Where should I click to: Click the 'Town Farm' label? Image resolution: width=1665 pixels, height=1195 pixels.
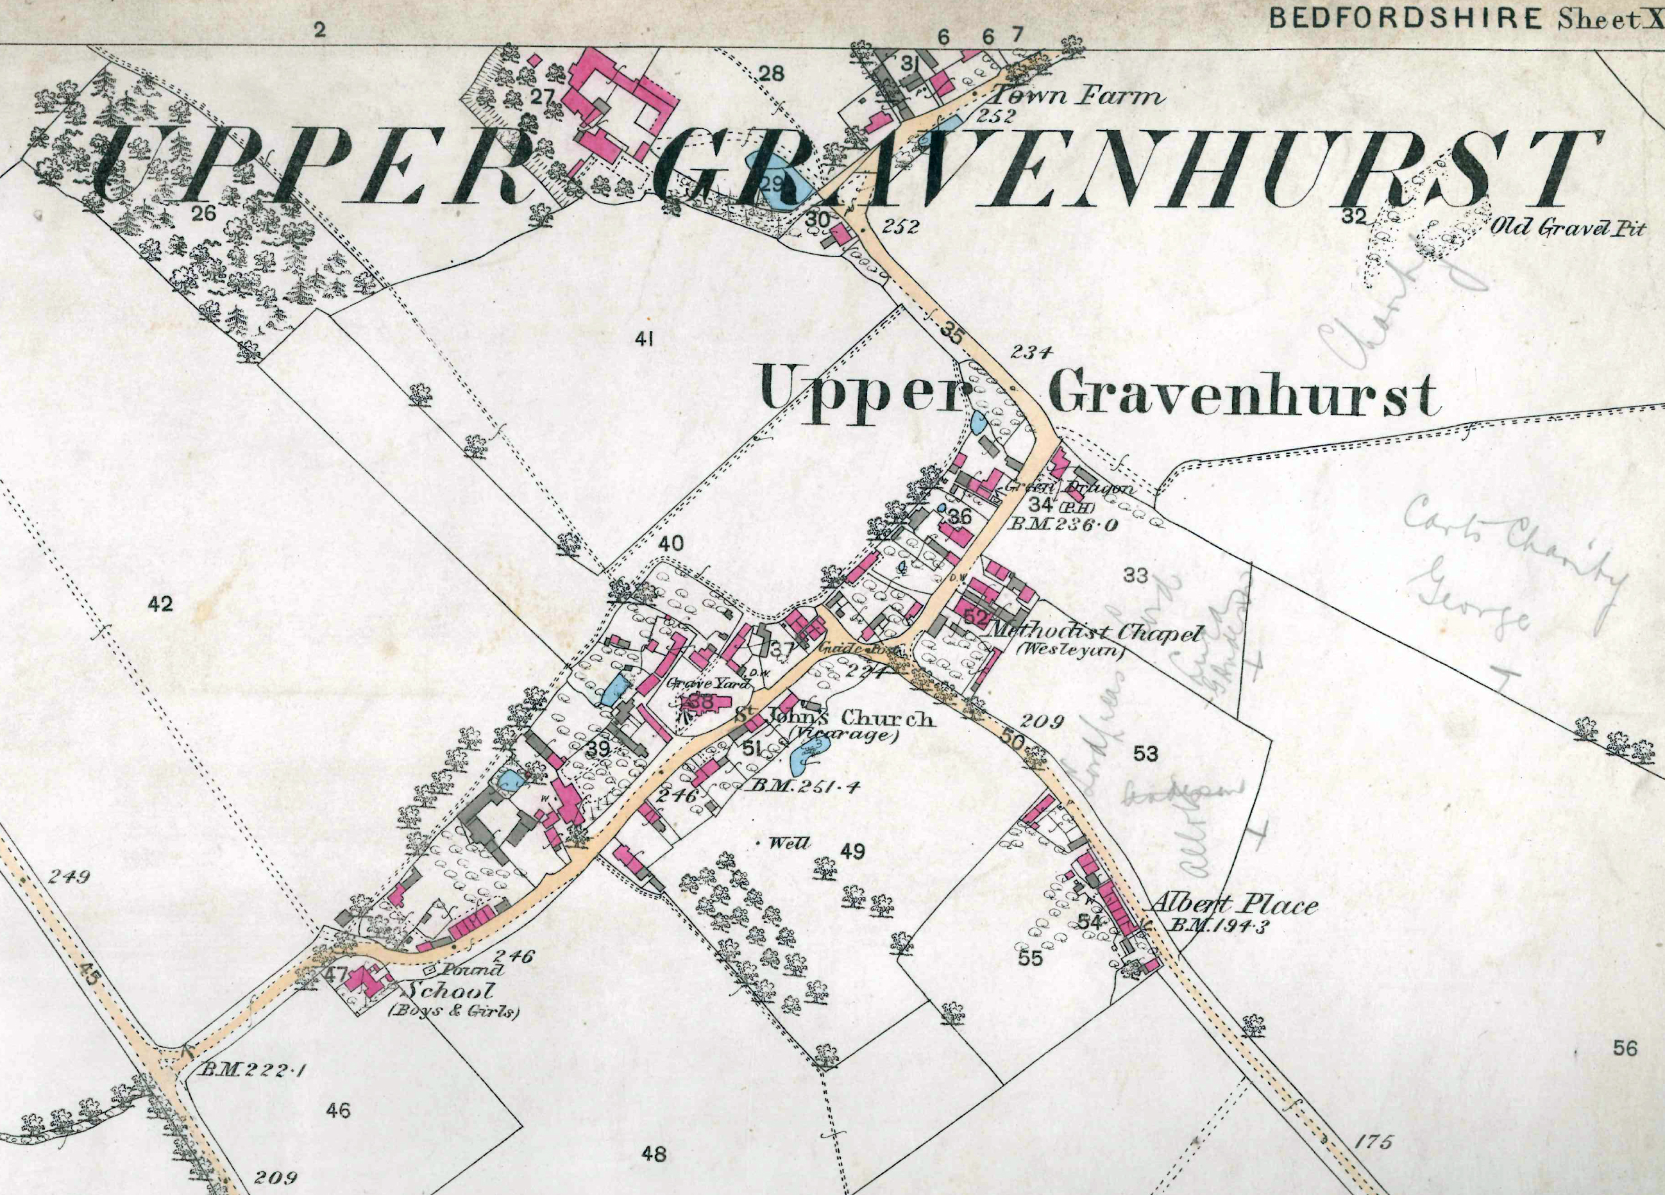1076,97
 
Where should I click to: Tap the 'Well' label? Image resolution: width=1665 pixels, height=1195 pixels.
789,844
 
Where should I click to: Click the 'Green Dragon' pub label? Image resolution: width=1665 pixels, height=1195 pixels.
1069,488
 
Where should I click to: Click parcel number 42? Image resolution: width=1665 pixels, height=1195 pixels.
160,604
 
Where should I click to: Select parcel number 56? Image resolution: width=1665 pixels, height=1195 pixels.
1625,1048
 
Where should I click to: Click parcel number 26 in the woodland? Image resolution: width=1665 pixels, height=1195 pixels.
203,213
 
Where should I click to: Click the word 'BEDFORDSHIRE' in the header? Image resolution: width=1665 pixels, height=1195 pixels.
1405,19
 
